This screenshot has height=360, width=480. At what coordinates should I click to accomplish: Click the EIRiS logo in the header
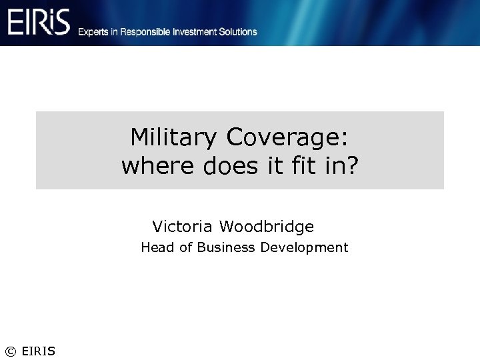point(39,23)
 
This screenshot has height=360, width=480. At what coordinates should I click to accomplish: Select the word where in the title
point(158,166)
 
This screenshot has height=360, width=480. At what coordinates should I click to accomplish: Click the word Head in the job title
point(157,248)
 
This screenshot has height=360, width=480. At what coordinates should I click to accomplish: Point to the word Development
point(304,248)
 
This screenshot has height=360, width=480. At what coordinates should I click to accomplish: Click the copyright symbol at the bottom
point(10,351)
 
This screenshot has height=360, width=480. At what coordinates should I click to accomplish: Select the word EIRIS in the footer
point(39,351)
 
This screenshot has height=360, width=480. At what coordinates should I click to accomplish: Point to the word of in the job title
point(185,248)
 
